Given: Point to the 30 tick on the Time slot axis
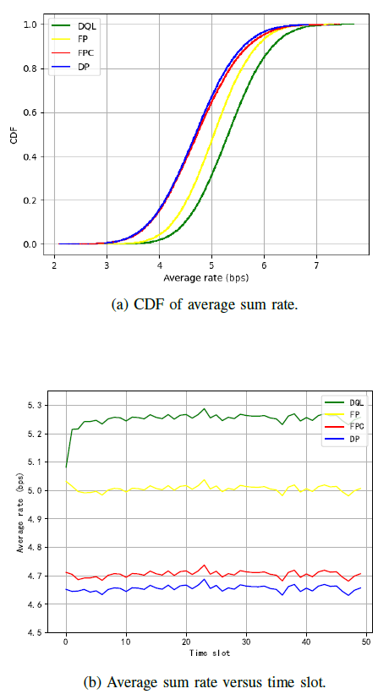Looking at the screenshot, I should pos(246,644).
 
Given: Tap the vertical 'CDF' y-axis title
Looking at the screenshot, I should pos(14,135).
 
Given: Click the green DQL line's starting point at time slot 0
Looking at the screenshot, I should pos(66,467).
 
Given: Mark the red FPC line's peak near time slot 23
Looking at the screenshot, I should pos(204,565).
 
